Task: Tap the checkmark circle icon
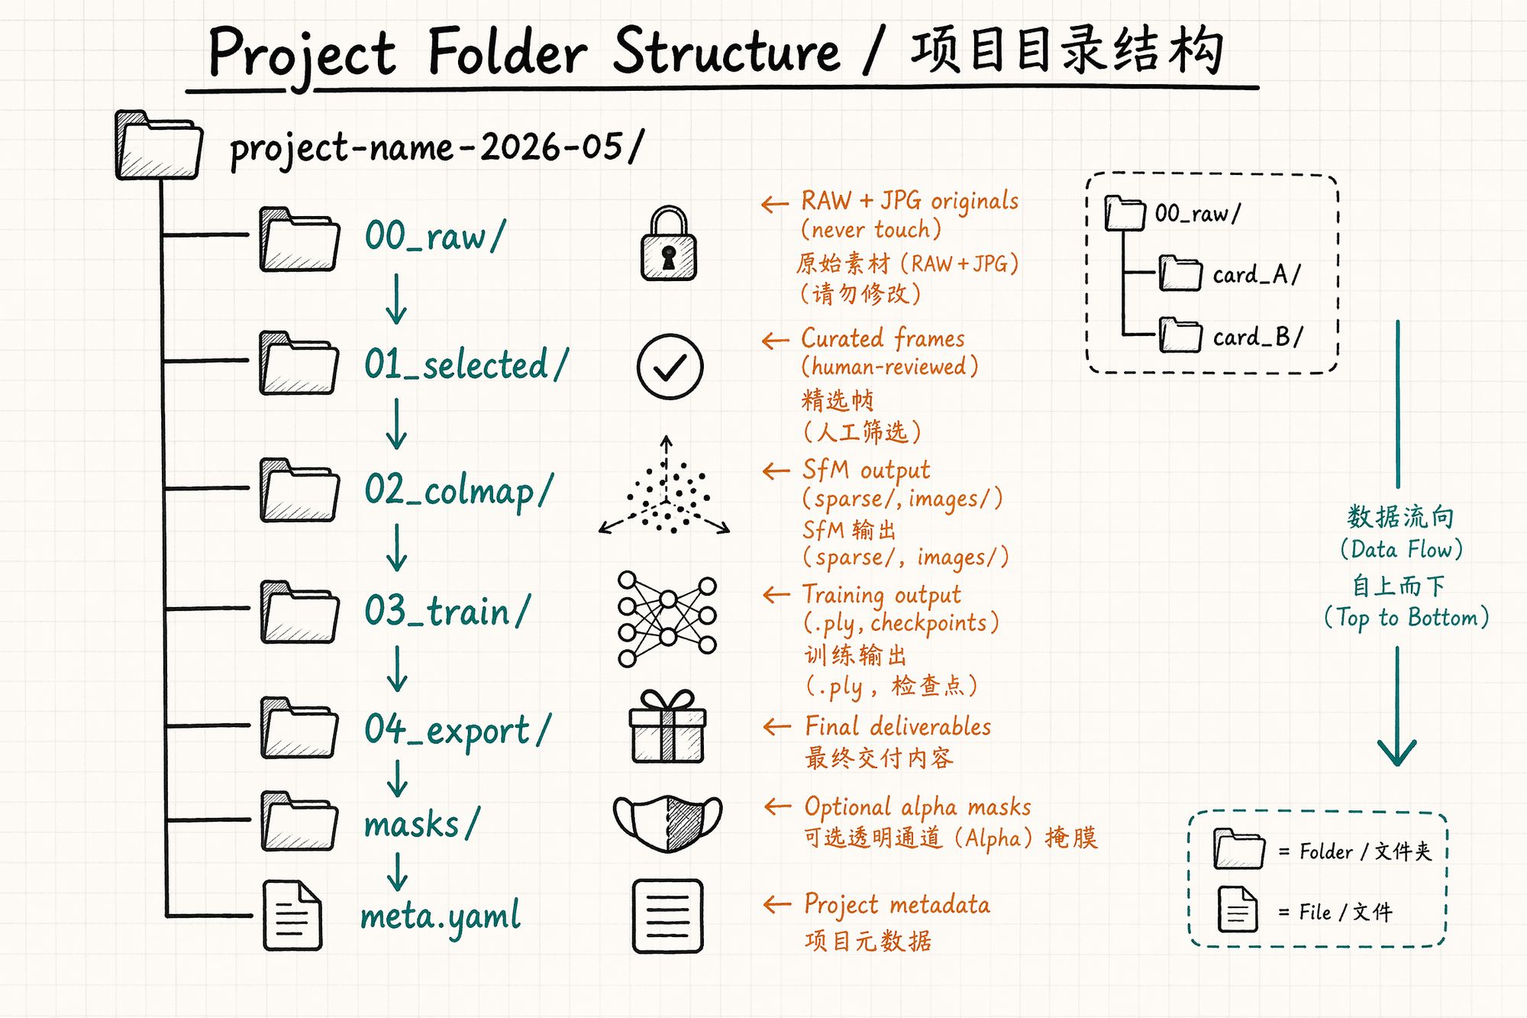point(670,367)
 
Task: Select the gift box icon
point(667,726)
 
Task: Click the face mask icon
point(667,823)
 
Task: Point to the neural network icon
point(667,619)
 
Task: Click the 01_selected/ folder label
point(466,364)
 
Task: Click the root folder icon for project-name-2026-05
point(159,145)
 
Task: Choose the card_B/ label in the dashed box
point(1257,337)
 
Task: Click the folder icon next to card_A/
point(1180,273)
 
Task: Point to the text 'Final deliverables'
point(898,726)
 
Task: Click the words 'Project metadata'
point(897,905)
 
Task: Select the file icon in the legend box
point(1238,910)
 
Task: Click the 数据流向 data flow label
point(1400,517)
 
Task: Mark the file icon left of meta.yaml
point(292,915)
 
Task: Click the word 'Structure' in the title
point(726,51)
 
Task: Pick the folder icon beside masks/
point(299,822)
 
